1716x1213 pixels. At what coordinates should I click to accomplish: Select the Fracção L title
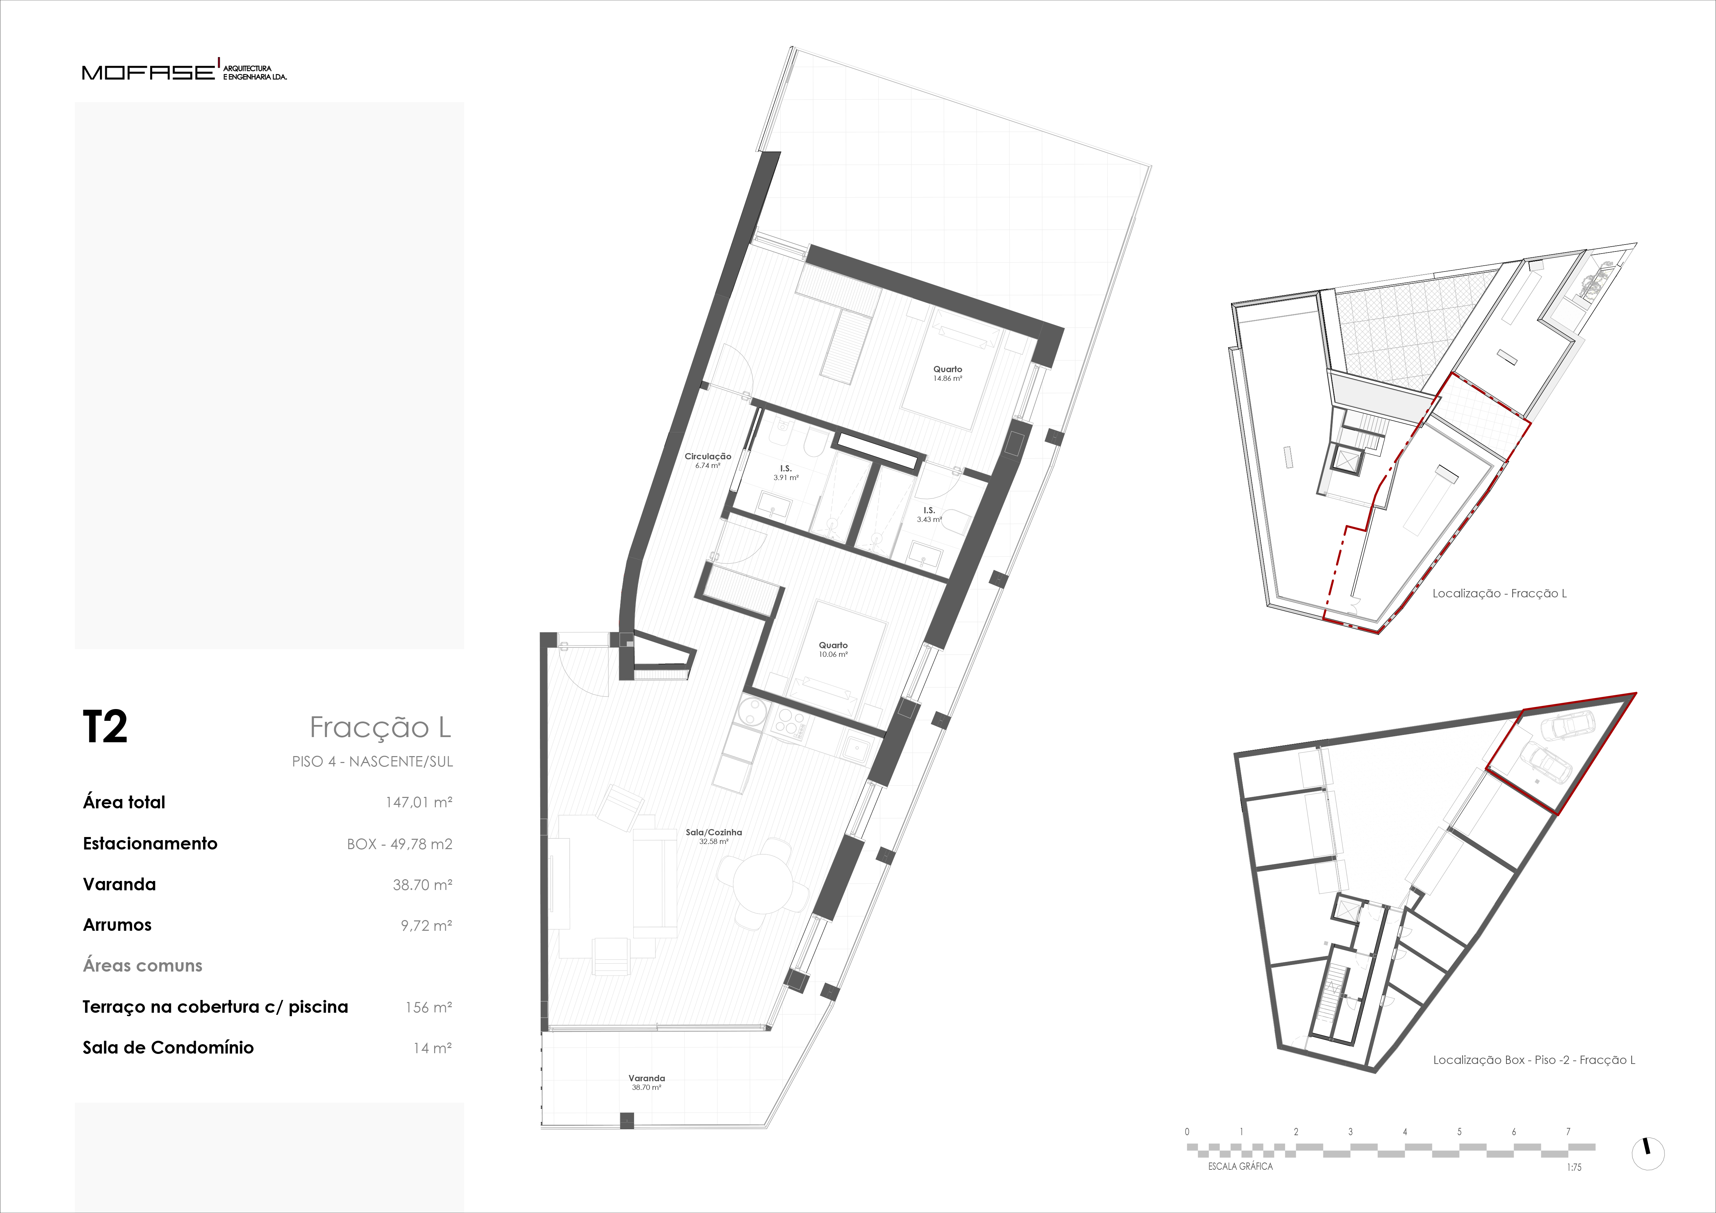[380, 727]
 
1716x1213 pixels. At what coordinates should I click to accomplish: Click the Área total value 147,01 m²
[419, 802]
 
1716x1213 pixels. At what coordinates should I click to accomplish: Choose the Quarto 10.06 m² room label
[833, 650]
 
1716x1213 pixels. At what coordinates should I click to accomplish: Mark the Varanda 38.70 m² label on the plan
[646, 1082]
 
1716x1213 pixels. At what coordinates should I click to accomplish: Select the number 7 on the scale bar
[1568, 1131]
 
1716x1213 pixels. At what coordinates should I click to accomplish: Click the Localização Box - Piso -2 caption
[1534, 1060]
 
